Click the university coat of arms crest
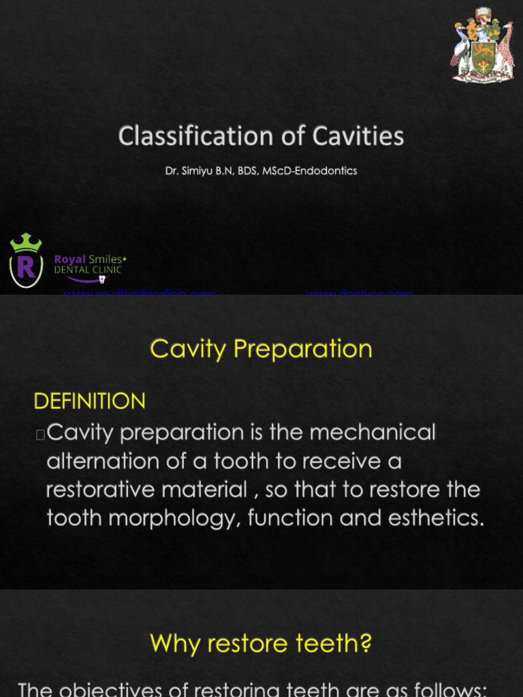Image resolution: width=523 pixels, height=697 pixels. pos(482,46)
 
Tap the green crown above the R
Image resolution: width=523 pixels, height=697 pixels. pos(26,242)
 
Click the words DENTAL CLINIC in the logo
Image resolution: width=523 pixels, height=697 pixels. pos(89,270)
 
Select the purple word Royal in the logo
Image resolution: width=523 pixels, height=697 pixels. pos(70,259)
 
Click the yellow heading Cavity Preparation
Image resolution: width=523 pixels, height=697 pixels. pos(261,348)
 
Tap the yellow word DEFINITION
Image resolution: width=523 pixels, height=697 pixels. pos(89,402)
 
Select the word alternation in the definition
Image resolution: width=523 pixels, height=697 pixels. pos(116,461)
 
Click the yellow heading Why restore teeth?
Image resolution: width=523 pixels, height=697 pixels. pos(261,643)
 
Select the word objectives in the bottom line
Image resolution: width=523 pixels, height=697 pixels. pos(125,689)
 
